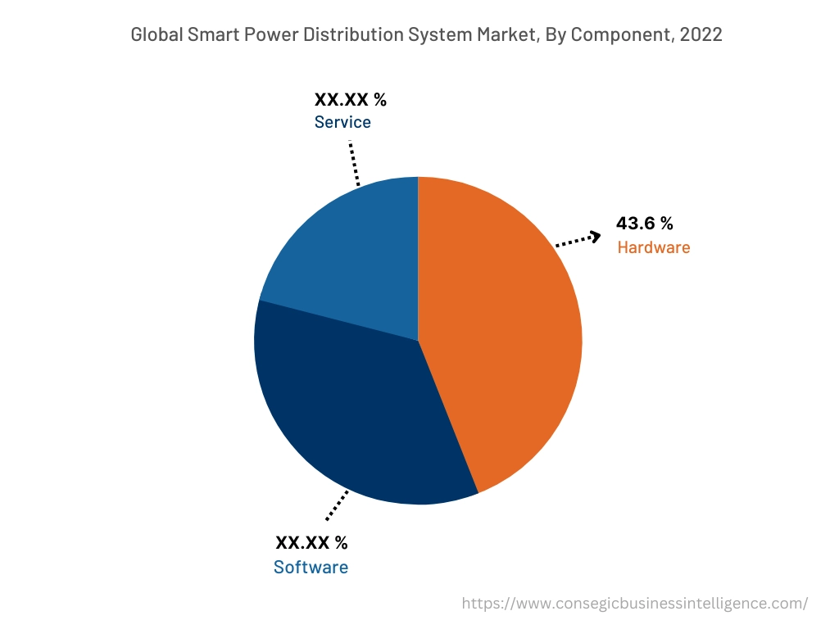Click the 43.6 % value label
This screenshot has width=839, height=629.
click(644, 224)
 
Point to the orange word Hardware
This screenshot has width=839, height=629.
click(653, 247)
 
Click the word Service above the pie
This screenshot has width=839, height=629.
click(342, 122)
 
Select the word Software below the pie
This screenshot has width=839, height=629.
click(311, 568)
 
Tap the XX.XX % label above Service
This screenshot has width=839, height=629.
click(350, 100)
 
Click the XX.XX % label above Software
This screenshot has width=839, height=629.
click(311, 542)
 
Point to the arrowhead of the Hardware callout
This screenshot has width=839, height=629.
click(595, 236)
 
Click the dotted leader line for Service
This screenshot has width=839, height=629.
click(354, 162)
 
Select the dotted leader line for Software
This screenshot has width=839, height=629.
click(337, 505)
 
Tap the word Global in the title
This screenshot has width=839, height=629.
click(156, 34)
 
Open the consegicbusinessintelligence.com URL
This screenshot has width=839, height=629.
click(634, 604)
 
